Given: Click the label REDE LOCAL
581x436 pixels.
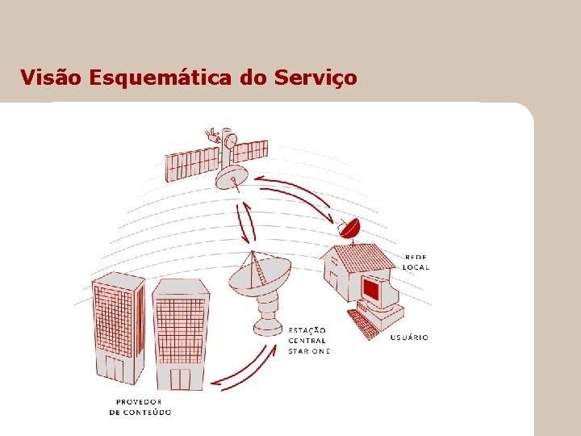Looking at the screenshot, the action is pos(416,262).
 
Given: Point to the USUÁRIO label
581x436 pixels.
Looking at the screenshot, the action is pos(409,337).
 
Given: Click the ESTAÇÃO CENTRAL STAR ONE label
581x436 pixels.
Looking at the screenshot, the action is pos(308,341).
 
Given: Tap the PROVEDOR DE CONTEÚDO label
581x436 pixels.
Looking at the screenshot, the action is pos(140,407).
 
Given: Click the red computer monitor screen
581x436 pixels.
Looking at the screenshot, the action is pos(372,289).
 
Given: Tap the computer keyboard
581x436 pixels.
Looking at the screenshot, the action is pos(363,323).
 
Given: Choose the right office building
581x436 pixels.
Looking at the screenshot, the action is pos(180,331).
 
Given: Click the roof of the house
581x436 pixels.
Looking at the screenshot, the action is pos(361,257).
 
